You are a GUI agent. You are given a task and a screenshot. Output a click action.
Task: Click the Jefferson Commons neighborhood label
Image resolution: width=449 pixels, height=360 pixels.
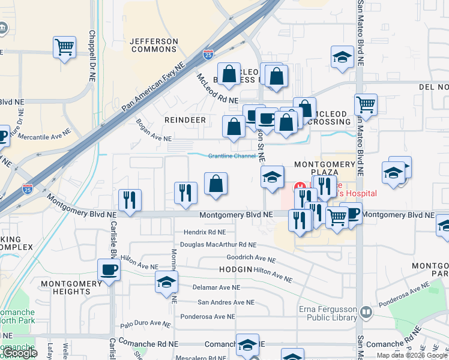coord(154,45)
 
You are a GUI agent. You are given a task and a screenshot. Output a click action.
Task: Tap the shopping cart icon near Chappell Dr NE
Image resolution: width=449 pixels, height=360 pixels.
coord(64,46)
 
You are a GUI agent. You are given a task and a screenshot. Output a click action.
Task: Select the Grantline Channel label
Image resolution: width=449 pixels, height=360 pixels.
coord(232,156)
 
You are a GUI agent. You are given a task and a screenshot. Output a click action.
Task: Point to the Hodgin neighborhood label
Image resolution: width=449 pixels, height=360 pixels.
coord(236,270)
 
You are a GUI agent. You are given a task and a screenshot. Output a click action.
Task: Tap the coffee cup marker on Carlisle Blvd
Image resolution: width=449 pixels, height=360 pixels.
coord(109,270)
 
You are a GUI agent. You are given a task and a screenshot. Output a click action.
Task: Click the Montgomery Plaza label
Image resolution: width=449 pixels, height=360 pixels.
coord(325,169)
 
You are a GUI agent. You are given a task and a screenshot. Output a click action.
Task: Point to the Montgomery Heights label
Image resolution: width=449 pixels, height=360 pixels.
coord(65,287)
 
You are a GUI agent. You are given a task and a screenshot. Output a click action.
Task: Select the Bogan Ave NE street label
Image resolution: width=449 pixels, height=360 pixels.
coord(154,130)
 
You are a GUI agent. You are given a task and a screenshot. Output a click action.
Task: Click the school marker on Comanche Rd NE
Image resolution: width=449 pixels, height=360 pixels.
coord(247,344)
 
